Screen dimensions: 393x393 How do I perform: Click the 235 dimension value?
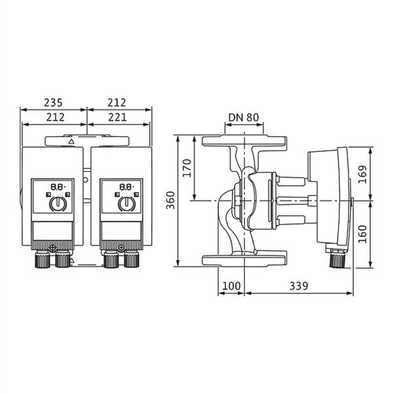pyautogui.click(x=53, y=103)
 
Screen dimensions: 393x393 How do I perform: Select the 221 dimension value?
pyautogui.click(x=117, y=117)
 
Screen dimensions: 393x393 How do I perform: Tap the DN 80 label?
pyautogui.click(x=244, y=117)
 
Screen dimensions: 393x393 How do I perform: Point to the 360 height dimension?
pyautogui.click(x=171, y=200)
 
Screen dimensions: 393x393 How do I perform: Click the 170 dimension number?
pyautogui.click(x=187, y=168)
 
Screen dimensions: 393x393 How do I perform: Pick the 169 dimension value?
pyautogui.click(x=362, y=174)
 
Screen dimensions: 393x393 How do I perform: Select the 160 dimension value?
pyautogui.click(x=362, y=234)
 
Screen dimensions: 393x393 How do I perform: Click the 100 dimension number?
pyautogui.click(x=231, y=286)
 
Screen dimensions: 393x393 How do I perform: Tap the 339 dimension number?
pyautogui.click(x=299, y=286)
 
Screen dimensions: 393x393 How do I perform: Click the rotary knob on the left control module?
pyautogui.click(x=58, y=204)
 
